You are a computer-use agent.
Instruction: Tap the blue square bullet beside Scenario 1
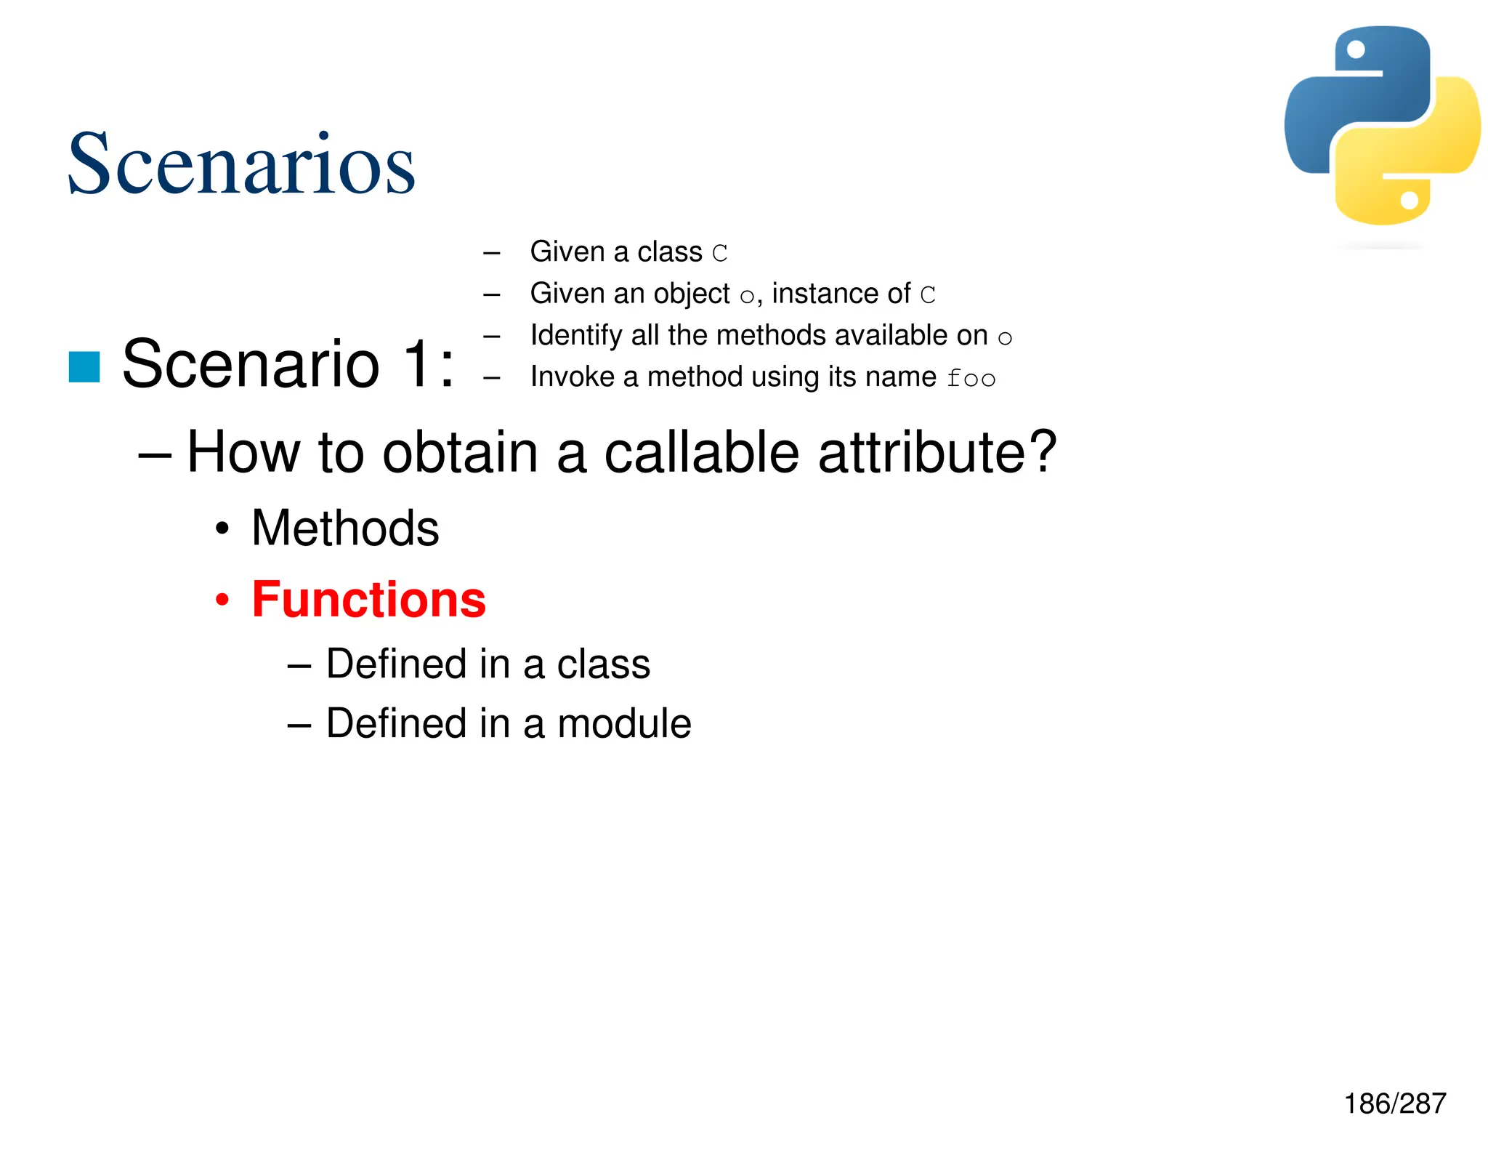84,366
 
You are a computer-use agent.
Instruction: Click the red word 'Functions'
368,600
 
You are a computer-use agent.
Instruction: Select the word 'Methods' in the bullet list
345,528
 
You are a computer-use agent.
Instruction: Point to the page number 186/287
1395,1103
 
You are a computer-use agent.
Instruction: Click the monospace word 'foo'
971,379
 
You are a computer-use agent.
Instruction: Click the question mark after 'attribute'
1043,451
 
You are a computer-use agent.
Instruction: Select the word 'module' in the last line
624,723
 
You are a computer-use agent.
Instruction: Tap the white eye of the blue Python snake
1356,50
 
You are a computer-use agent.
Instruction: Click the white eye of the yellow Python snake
1410,200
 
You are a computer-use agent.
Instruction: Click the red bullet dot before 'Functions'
222,601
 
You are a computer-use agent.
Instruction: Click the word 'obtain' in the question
460,452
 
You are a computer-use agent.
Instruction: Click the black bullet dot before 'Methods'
222,529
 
